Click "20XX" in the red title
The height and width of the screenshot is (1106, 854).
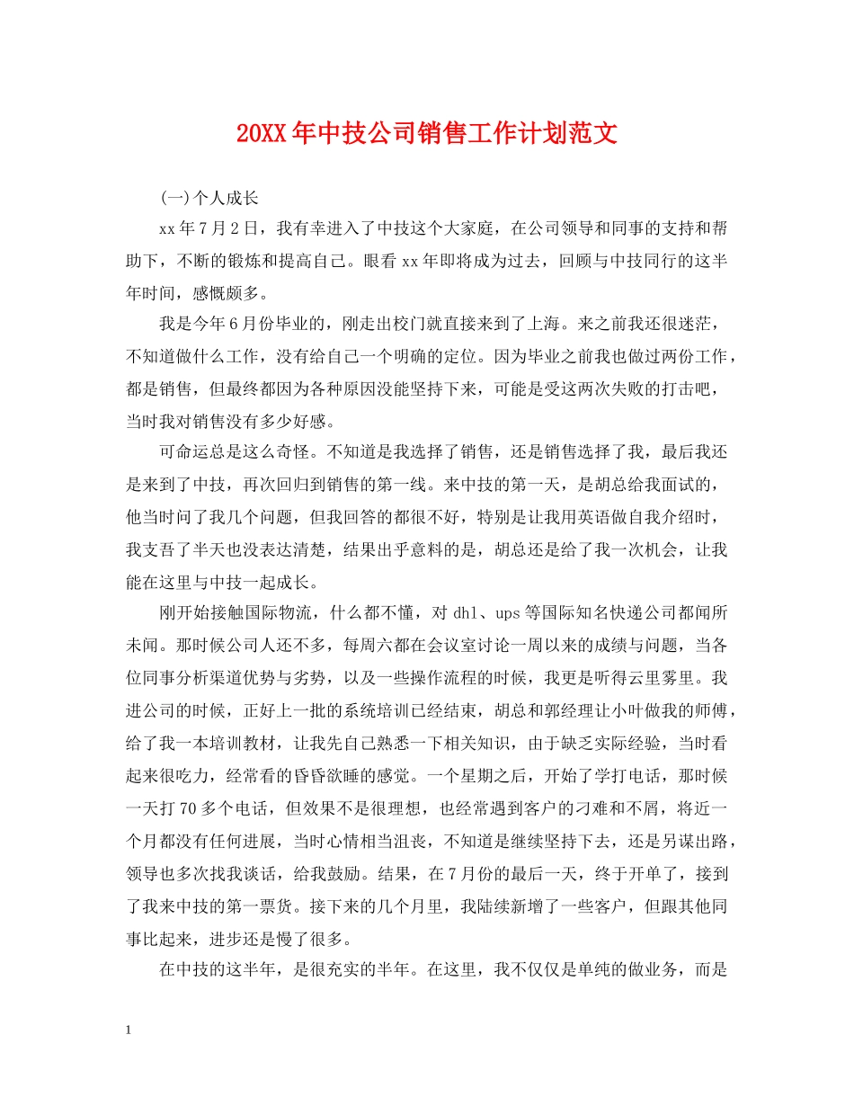pyautogui.click(x=262, y=135)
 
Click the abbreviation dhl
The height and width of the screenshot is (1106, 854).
pyautogui.click(x=465, y=613)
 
